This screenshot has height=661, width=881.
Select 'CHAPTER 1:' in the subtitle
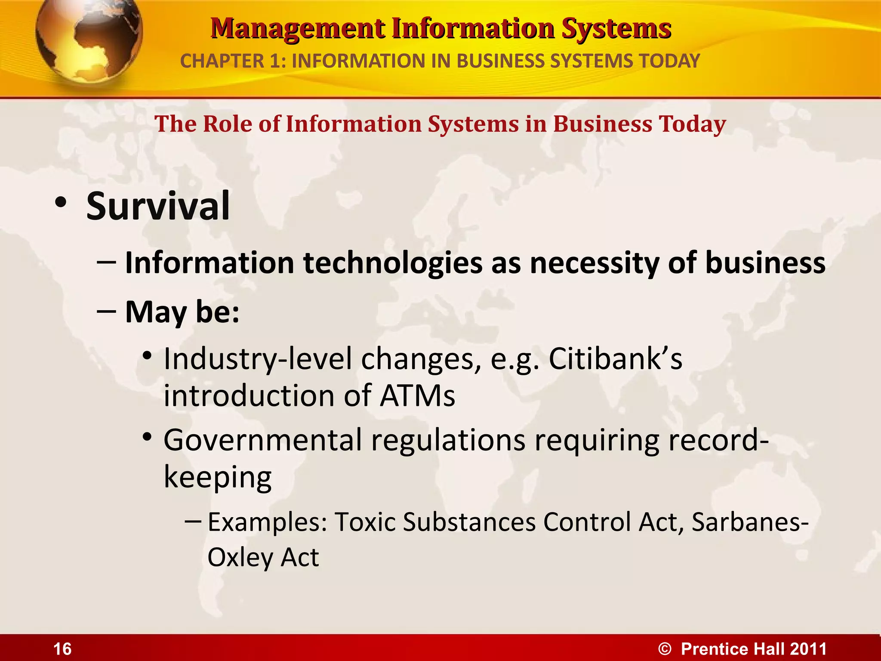point(233,61)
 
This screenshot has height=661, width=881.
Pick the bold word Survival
point(158,207)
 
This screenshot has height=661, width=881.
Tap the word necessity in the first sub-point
point(594,263)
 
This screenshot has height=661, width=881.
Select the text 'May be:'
point(182,312)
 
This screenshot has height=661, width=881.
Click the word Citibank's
point(615,358)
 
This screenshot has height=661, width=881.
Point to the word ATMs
point(417,395)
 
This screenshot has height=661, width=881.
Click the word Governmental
point(262,440)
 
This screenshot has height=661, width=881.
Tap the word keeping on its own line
point(218,477)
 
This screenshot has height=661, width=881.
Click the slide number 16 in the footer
point(62,649)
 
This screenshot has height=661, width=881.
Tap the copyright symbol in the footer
point(665,649)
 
